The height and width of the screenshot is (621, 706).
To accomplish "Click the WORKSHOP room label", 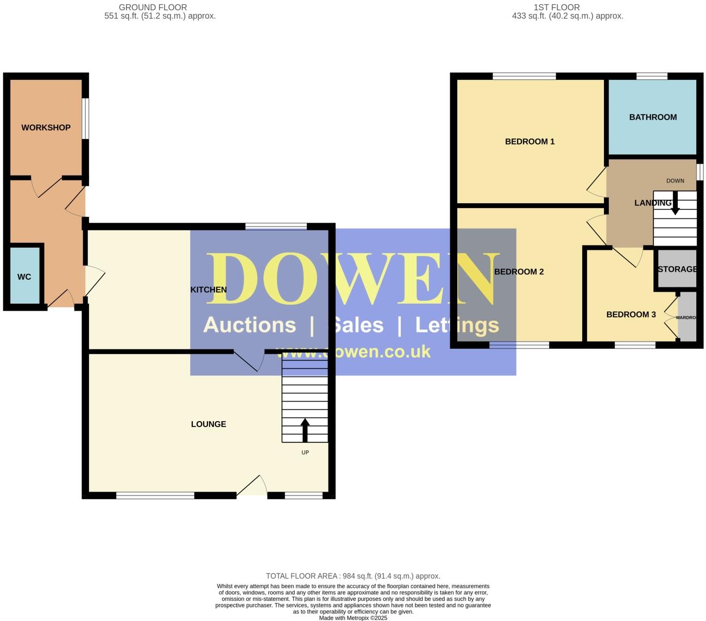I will pos(46,128).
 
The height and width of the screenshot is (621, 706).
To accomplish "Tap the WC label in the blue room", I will pos(24,277).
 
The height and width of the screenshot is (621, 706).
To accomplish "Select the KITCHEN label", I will pos(209,290).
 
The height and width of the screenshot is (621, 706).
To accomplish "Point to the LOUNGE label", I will pos(209,424).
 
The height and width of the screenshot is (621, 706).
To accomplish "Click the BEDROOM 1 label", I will pos(529,142).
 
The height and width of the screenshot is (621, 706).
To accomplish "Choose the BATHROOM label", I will pos(653,117).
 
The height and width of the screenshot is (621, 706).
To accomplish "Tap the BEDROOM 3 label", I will pos(631,315).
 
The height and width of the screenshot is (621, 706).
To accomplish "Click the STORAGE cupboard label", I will pos(677,269).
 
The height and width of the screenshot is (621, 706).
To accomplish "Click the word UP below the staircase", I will pos(305,453).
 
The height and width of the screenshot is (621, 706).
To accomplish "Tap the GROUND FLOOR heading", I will pos(153,8).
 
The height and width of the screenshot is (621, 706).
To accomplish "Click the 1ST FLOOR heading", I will pos(556,8).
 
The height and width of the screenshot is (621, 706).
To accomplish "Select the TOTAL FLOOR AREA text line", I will pos(353,576).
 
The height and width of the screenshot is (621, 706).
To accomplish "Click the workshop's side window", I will pos(86,118).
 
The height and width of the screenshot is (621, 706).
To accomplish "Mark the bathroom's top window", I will pos(652,77).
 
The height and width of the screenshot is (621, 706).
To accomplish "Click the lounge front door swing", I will pos(253,486).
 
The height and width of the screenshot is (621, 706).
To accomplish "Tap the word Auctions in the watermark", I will pos(249,325).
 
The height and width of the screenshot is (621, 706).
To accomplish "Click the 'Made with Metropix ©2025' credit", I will pos(353,618).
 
